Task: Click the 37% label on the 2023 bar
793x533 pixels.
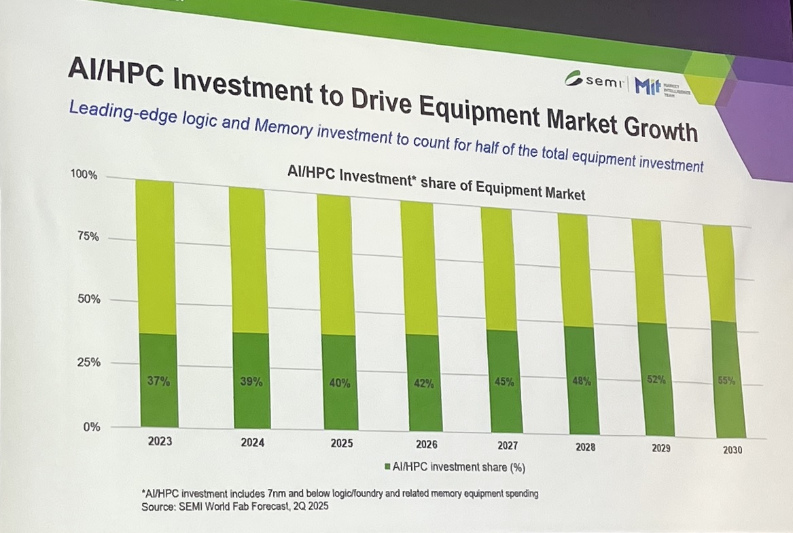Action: tap(158, 382)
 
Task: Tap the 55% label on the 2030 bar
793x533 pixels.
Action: tap(726, 381)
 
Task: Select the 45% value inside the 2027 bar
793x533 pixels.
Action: tap(504, 382)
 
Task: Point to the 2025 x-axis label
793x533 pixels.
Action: tap(341, 443)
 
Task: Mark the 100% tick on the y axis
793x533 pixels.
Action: tap(84, 175)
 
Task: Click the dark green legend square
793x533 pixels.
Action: tap(387, 467)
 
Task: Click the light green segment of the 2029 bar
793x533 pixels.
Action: tap(647, 272)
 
